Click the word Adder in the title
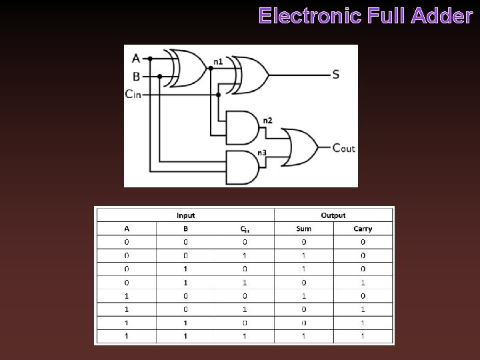click(x=443, y=16)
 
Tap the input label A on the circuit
click(x=136, y=58)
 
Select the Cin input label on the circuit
click(x=133, y=94)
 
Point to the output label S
click(x=335, y=74)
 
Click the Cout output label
click(x=343, y=147)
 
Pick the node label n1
click(x=218, y=62)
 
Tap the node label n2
click(x=267, y=120)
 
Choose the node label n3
click(x=262, y=153)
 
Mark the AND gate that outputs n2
click(x=241, y=127)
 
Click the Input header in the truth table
click(x=186, y=215)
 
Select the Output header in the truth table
click(x=333, y=215)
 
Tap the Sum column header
click(x=303, y=229)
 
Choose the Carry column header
click(x=363, y=229)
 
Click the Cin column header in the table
click(x=245, y=229)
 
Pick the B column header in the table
click(x=186, y=229)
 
